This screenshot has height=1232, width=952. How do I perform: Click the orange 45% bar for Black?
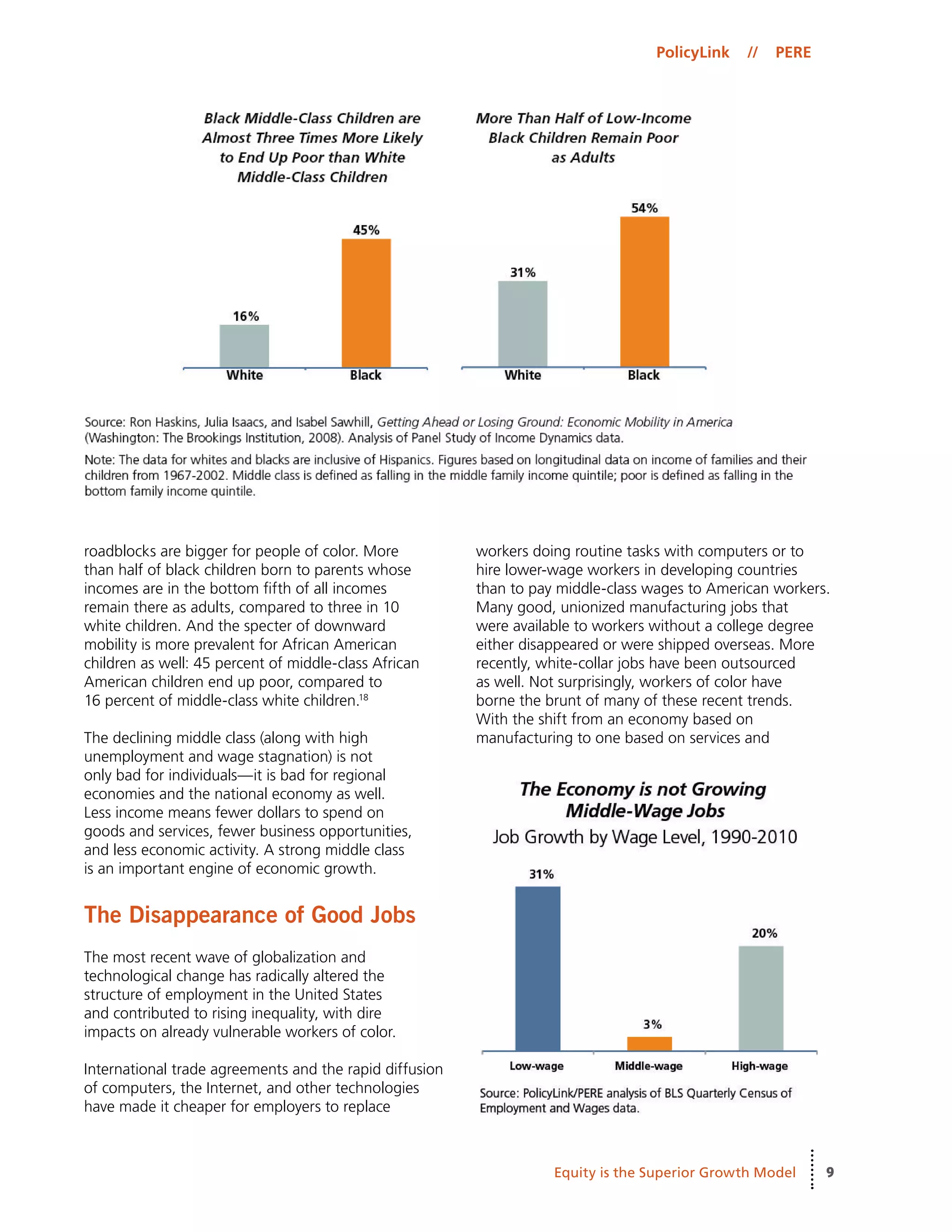click(366, 303)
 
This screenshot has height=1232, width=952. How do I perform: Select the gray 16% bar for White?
click(244, 346)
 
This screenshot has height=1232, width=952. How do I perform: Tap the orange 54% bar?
click(645, 291)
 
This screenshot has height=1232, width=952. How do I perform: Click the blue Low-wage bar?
click(537, 968)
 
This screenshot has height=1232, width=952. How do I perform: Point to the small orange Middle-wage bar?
click(649, 1043)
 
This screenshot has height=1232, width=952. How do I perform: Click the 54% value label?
click(644, 208)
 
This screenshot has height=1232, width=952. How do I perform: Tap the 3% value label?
click(652, 1024)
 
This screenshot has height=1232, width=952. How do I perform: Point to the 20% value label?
click(764, 933)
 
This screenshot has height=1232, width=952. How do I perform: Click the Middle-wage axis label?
click(648, 1066)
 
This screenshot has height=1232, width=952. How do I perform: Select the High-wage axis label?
click(759, 1066)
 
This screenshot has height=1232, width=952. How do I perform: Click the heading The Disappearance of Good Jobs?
click(249, 914)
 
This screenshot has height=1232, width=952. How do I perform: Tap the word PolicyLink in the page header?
click(692, 53)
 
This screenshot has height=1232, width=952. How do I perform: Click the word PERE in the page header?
click(793, 53)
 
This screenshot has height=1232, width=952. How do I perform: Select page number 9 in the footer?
click(830, 1172)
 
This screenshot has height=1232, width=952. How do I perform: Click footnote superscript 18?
click(364, 697)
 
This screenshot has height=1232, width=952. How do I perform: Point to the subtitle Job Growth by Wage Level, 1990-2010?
click(645, 836)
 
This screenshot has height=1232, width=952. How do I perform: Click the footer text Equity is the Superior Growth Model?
click(674, 1172)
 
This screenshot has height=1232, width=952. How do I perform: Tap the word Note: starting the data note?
click(100, 460)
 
